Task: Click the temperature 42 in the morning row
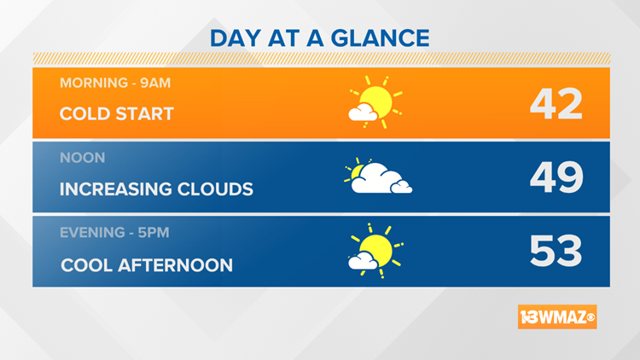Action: tap(556, 104)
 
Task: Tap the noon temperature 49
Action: tap(556, 177)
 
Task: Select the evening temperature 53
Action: tap(556, 252)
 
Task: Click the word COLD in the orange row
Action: tap(84, 113)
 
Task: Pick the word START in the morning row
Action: tap(145, 113)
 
